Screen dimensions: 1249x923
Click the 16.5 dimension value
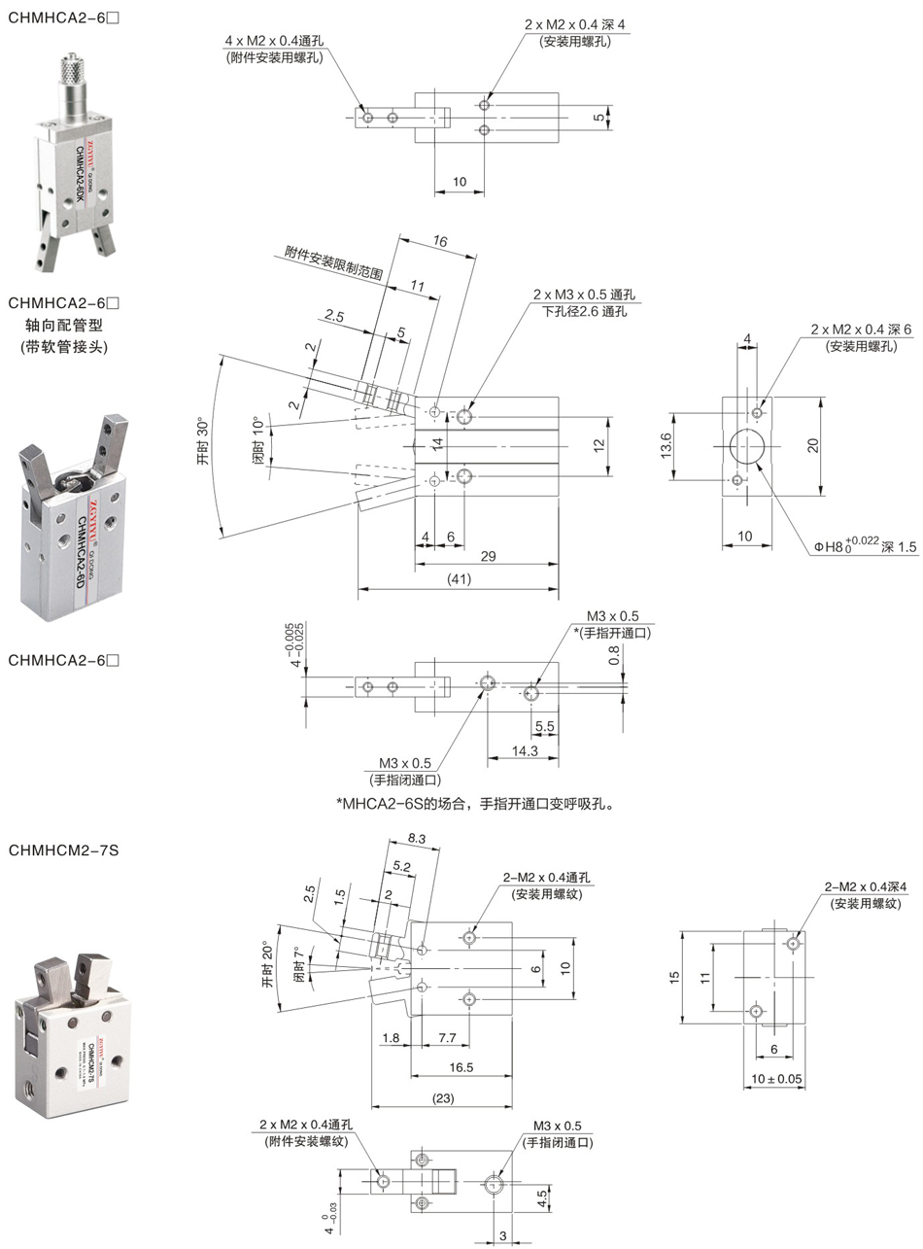point(461,1067)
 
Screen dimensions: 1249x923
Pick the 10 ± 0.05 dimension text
point(776,1079)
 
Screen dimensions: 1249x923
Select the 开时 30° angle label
point(203,442)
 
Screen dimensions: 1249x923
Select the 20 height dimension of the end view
point(813,444)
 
